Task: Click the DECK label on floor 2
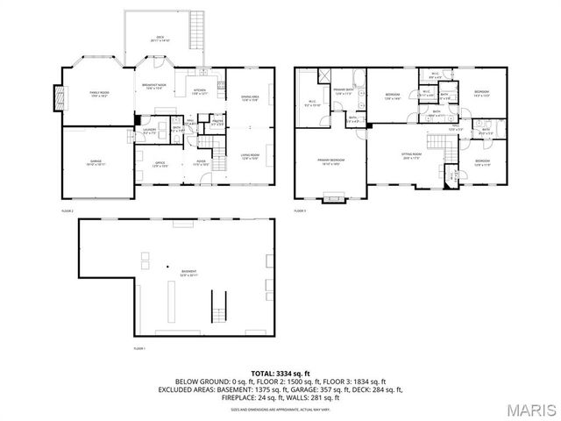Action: [160, 38]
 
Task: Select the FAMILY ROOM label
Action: [96, 93]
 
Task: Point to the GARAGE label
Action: [95, 161]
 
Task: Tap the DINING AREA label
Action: [249, 97]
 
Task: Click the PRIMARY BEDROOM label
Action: [330, 161]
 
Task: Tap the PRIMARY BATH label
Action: [343, 90]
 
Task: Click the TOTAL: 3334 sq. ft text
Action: [280, 373]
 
